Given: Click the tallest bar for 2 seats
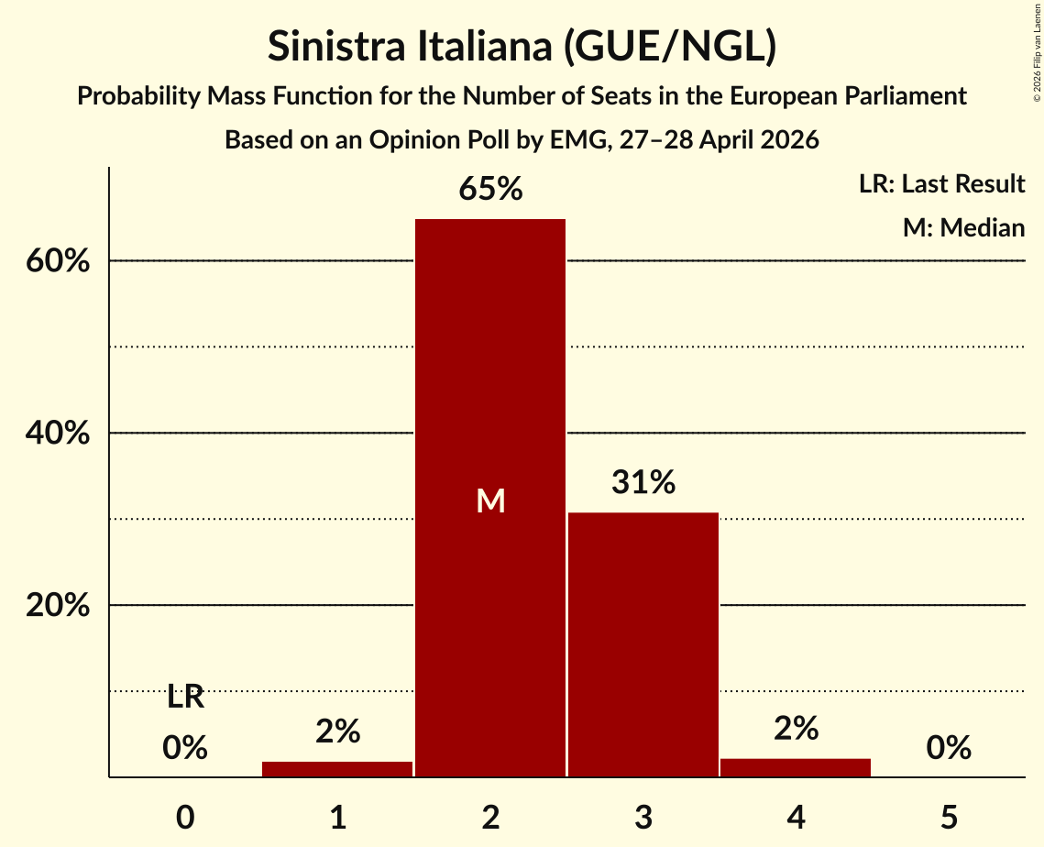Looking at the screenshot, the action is (490, 498).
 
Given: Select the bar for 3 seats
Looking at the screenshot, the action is (643, 644).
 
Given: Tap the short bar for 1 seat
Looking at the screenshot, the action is (337, 769).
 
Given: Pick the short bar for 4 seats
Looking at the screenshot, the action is (796, 768).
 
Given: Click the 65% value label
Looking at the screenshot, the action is (490, 189).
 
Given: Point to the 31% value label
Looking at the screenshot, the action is (643, 482).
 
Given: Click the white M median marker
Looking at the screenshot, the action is (490, 500).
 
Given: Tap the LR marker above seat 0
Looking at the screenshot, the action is (185, 698).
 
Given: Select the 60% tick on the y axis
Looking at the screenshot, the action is (58, 261).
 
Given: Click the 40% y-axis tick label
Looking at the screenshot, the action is (58, 433).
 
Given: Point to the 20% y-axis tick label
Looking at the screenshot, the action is (58, 605).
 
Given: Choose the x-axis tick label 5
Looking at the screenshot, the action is (949, 817).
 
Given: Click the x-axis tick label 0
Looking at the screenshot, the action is (185, 817).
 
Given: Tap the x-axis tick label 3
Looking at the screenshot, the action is (643, 817).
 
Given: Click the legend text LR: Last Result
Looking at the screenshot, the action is (941, 183).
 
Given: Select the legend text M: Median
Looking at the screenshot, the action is (963, 227).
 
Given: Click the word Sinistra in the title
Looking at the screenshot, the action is (336, 46).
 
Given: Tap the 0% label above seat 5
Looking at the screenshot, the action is (949, 748).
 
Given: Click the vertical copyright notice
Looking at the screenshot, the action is (1038, 53).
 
